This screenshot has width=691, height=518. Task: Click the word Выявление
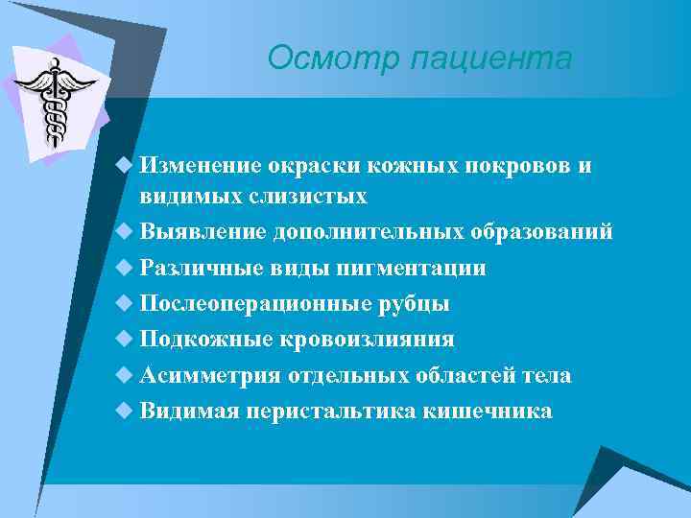pos(203,232)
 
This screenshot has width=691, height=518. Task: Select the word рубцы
pos(415,304)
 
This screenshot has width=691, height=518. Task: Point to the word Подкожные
pos(206,340)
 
